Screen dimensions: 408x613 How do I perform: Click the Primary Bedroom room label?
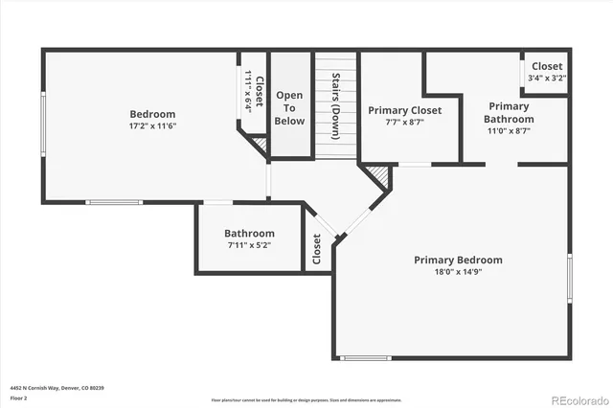[x=458, y=260]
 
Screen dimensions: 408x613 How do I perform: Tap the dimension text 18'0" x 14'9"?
[x=458, y=271]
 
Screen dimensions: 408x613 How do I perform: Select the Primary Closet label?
[x=405, y=110]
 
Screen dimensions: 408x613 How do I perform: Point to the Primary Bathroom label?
[x=508, y=112]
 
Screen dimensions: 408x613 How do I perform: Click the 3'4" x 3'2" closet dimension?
[x=547, y=79]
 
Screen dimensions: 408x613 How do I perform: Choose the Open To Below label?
[x=289, y=107]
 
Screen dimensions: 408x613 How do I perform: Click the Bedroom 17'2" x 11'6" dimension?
[x=153, y=125]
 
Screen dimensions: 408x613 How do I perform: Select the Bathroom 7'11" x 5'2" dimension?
[x=249, y=245]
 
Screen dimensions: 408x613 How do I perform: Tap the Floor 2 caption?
[x=19, y=397]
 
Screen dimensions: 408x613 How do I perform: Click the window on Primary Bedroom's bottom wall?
[x=366, y=358]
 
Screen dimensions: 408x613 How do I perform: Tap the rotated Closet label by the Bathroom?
[x=316, y=250]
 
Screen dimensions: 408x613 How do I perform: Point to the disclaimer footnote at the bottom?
[x=306, y=399]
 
